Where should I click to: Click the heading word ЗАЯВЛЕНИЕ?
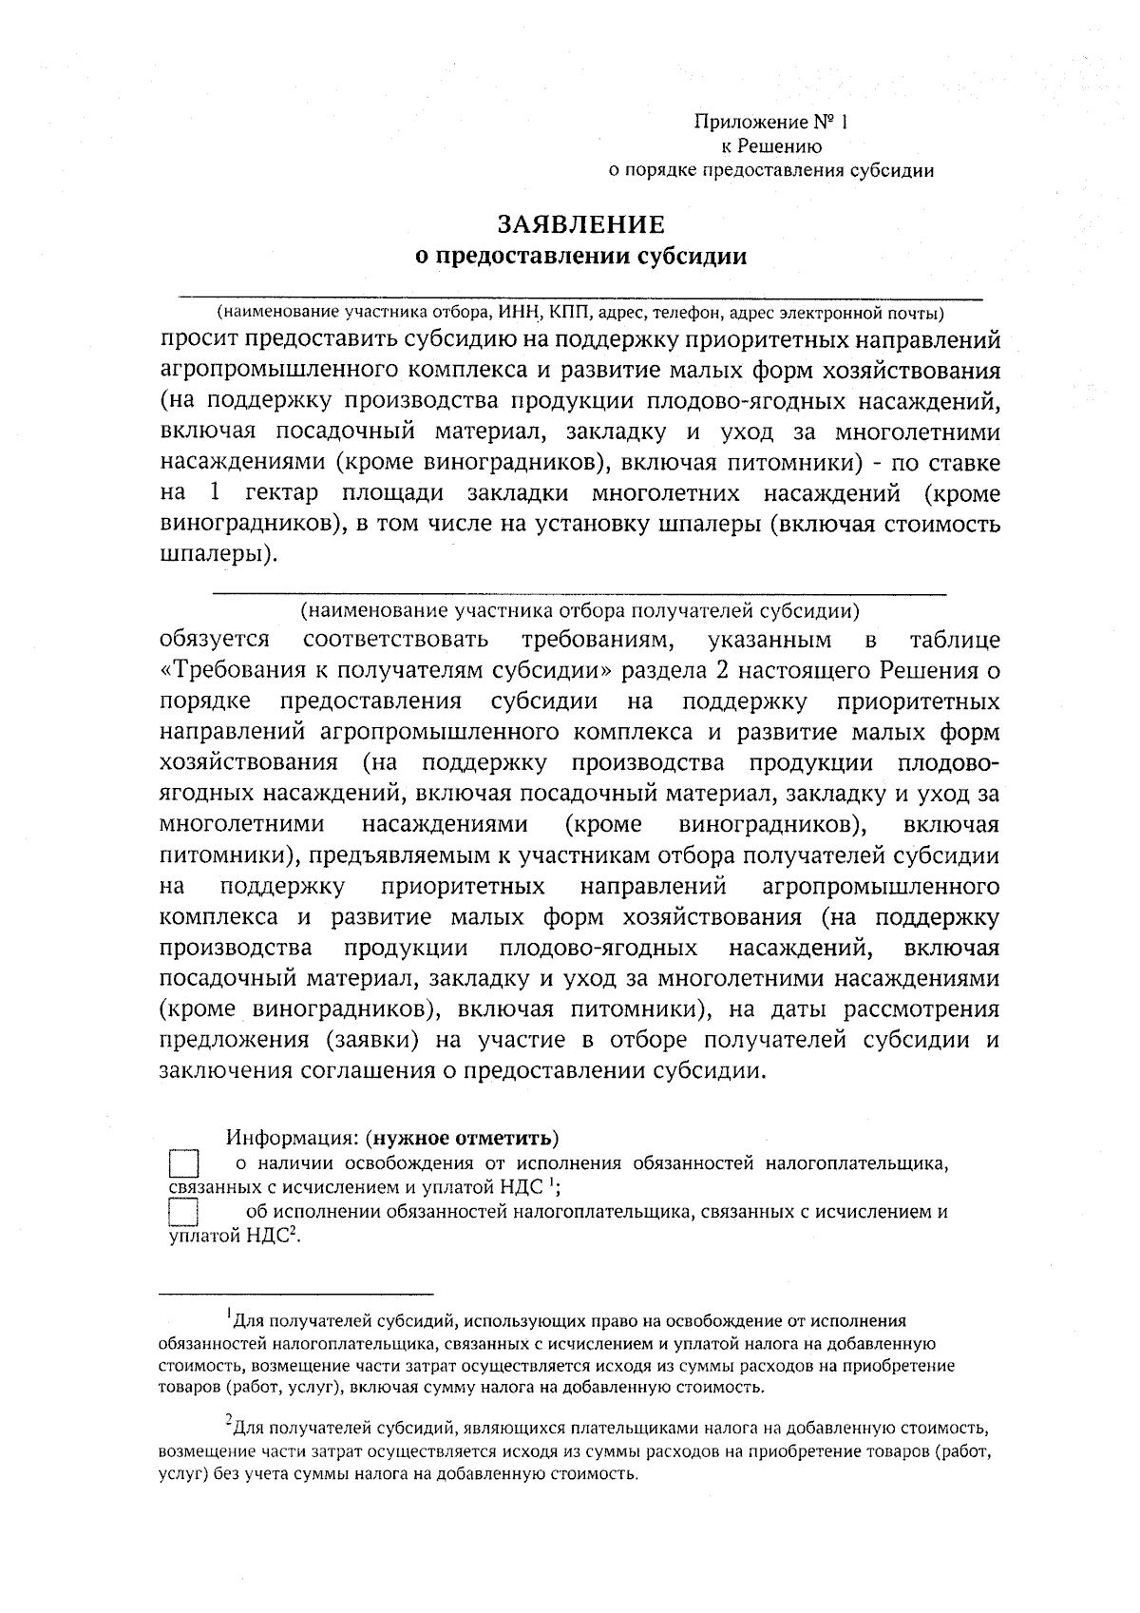click(x=580, y=224)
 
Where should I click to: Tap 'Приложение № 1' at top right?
click(x=769, y=123)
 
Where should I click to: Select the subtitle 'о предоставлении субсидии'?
click(x=582, y=257)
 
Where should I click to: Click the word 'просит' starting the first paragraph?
click(x=199, y=340)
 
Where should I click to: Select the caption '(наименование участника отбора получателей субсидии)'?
click(x=580, y=609)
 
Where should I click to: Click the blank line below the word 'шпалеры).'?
click(x=580, y=594)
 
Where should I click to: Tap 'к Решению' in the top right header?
click(x=771, y=146)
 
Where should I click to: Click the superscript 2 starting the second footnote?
click(x=229, y=1421)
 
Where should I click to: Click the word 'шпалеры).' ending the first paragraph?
click(x=218, y=555)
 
